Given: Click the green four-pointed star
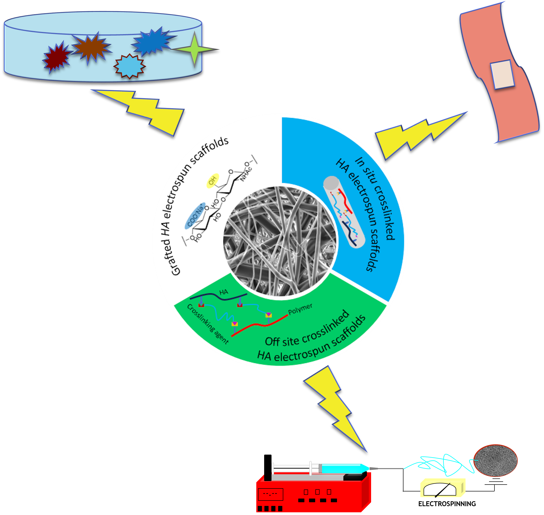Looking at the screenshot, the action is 194,49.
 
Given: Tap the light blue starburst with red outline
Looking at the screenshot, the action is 130,66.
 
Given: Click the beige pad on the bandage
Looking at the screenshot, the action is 502,74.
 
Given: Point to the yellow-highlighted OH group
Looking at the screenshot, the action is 213,181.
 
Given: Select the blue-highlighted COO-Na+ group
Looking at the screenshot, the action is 195,216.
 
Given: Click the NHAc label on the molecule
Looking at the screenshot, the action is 246,174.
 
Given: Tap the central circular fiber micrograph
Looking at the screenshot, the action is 280,241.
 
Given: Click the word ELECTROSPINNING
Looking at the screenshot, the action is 447,504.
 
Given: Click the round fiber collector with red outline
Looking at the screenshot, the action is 495,460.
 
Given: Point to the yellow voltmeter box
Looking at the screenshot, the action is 442,488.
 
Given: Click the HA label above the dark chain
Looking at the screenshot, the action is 224,292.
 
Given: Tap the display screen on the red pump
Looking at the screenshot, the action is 271,494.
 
